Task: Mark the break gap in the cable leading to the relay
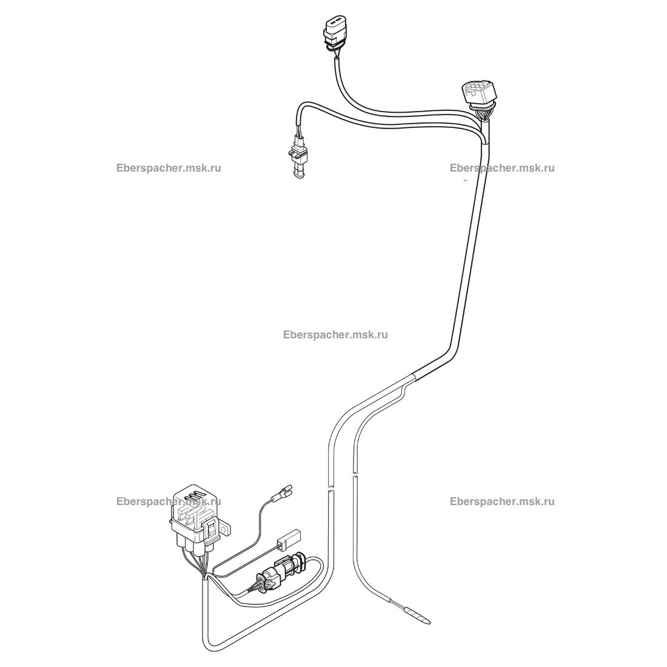tap(329, 489)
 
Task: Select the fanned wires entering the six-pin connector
tap(483, 114)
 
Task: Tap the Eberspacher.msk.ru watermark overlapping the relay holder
tap(169, 501)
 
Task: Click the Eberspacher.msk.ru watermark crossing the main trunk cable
tap(501, 168)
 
